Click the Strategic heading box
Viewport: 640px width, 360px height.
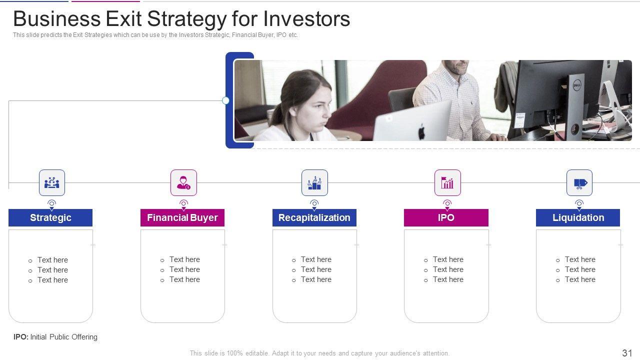pyautogui.click(x=50, y=217)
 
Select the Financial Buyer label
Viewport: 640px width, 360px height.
pyautogui.click(x=182, y=217)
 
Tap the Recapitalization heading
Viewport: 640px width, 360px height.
pyautogui.click(x=314, y=217)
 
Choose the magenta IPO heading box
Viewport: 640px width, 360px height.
pyautogui.click(x=446, y=217)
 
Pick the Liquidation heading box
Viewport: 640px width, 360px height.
pyautogui.click(x=578, y=217)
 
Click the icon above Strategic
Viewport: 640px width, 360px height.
pyautogui.click(x=51, y=183)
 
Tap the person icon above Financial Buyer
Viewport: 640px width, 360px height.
pyautogui.click(x=183, y=183)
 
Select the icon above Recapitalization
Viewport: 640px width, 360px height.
pyautogui.click(x=314, y=183)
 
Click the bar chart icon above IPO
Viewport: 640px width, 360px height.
pyautogui.click(x=447, y=183)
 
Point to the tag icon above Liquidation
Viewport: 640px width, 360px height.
pyautogui.click(x=579, y=183)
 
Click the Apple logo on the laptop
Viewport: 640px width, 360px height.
pyautogui.click(x=421, y=132)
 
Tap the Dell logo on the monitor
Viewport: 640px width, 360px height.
pyautogui.click(x=577, y=85)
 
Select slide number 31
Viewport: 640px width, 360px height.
pyautogui.click(x=627, y=353)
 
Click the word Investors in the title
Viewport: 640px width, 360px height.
pyautogui.click(x=306, y=19)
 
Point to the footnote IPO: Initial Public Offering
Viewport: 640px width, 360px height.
pyautogui.click(x=55, y=337)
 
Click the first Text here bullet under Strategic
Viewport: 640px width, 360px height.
pyautogui.click(x=52, y=260)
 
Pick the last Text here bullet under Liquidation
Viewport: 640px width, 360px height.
pyautogui.click(x=580, y=279)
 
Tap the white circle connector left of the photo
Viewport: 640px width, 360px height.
pyautogui.click(x=225, y=100)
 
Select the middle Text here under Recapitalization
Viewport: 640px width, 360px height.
pyautogui.click(x=316, y=269)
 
